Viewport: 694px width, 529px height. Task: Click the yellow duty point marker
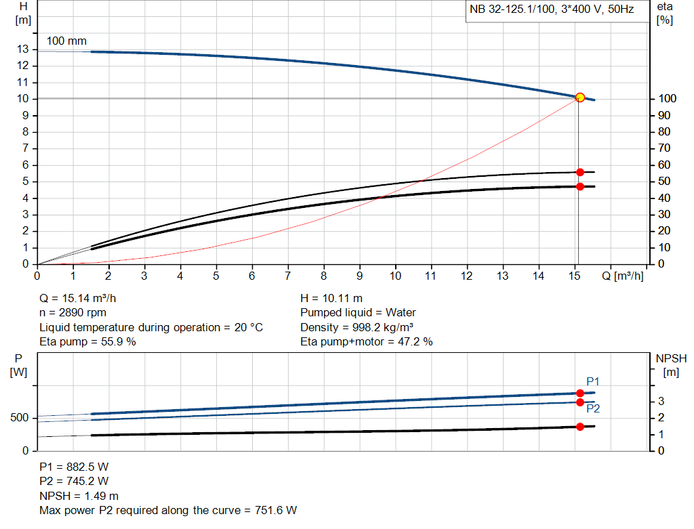[579, 98]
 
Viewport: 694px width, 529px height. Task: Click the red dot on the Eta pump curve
[579, 172]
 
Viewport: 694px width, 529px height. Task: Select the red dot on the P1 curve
[579, 394]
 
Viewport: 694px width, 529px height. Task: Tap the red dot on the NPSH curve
[579, 427]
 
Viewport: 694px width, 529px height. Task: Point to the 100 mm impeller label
[66, 41]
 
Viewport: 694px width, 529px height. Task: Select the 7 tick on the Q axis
[287, 276]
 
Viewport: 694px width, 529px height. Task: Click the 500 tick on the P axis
[18, 418]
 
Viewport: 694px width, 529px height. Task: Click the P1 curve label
[593, 381]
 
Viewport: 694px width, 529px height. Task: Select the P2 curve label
[593, 408]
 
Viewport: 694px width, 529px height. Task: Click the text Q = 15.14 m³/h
[82, 298]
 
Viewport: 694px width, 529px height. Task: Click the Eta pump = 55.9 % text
[87, 342]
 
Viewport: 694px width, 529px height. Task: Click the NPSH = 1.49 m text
[79, 496]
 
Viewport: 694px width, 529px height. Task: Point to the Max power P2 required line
[168, 510]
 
